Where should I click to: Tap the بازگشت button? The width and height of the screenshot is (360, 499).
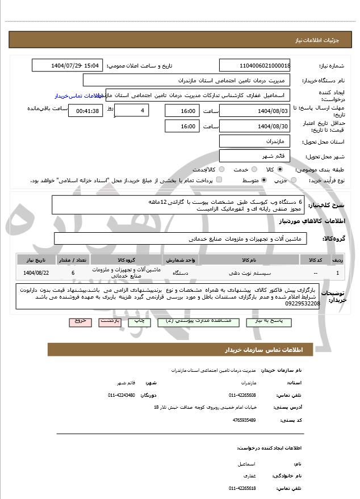click(110, 321)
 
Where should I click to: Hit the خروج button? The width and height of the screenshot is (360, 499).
click(80, 321)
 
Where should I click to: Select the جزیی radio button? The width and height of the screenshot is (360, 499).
click(293, 181)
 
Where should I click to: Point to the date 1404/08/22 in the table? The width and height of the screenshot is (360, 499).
click(36, 273)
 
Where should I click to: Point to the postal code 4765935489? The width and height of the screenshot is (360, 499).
click(244, 420)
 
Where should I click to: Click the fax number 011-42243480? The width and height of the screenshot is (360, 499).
click(122, 395)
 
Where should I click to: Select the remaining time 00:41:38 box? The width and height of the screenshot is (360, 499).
click(85, 111)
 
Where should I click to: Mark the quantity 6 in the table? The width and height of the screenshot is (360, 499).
click(73, 273)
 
